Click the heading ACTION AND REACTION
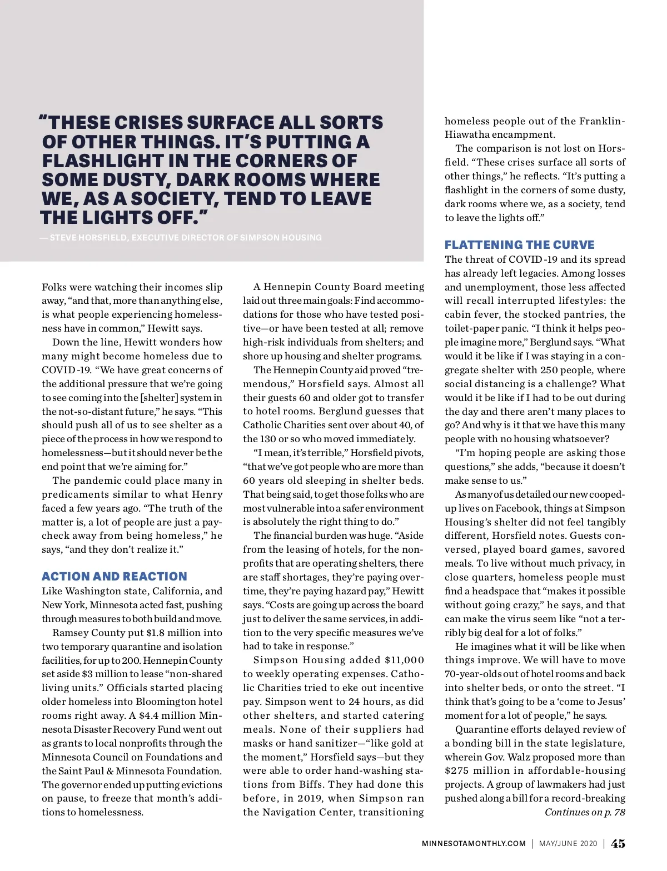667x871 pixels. (x=115, y=577)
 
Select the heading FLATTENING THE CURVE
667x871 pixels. (x=519, y=245)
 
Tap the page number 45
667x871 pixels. (x=618, y=843)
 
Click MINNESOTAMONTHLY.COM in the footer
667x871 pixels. (x=474, y=843)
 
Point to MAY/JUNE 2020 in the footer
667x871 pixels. (x=568, y=843)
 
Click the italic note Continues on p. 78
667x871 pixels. (x=585, y=812)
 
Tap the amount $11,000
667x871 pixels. (x=404, y=660)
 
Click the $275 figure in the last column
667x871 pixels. (x=457, y=770)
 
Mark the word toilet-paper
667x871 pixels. (x=474, y=328)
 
